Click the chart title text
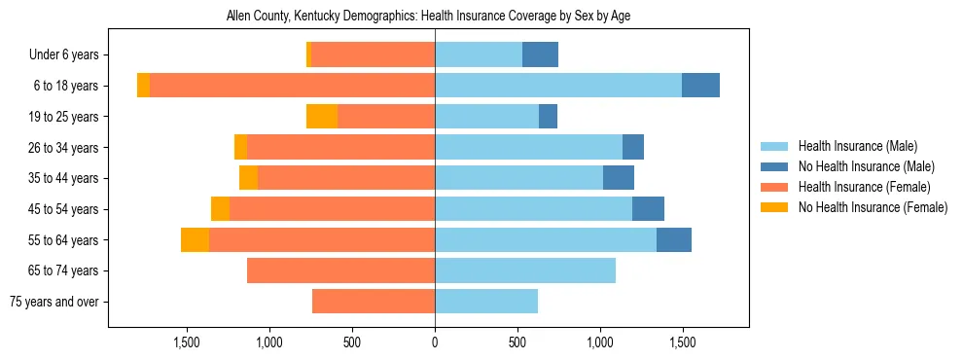coord(428,17)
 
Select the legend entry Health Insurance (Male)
coord(856,146)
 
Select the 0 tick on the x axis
coord(435,342)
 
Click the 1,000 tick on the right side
coord(600,342)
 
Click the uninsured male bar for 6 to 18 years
coord(700,86)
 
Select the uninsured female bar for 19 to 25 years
coord(322,117)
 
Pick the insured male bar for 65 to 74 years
coord(525,270)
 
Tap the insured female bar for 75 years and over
coord(374,302)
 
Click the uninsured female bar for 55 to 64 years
coord(195,240)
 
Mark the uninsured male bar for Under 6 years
coord(540,55)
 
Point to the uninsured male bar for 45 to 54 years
coord(648,209)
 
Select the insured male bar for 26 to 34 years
coord(528,148)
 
